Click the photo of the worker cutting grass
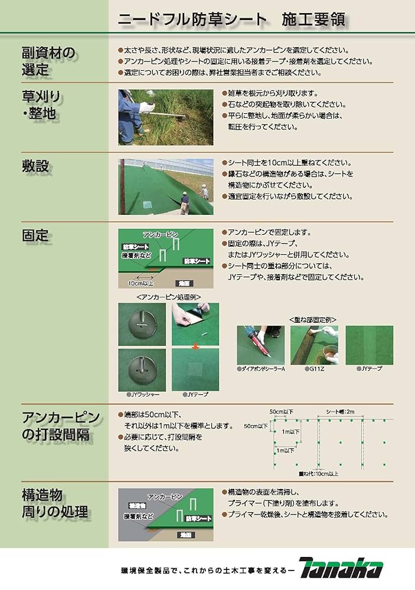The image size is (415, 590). pos(165,117)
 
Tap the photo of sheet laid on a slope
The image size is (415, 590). pos(165,186)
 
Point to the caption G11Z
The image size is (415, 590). pos(314,368)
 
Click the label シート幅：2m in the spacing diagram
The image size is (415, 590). pos(340,411)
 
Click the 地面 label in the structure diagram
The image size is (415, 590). pos(185,534)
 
